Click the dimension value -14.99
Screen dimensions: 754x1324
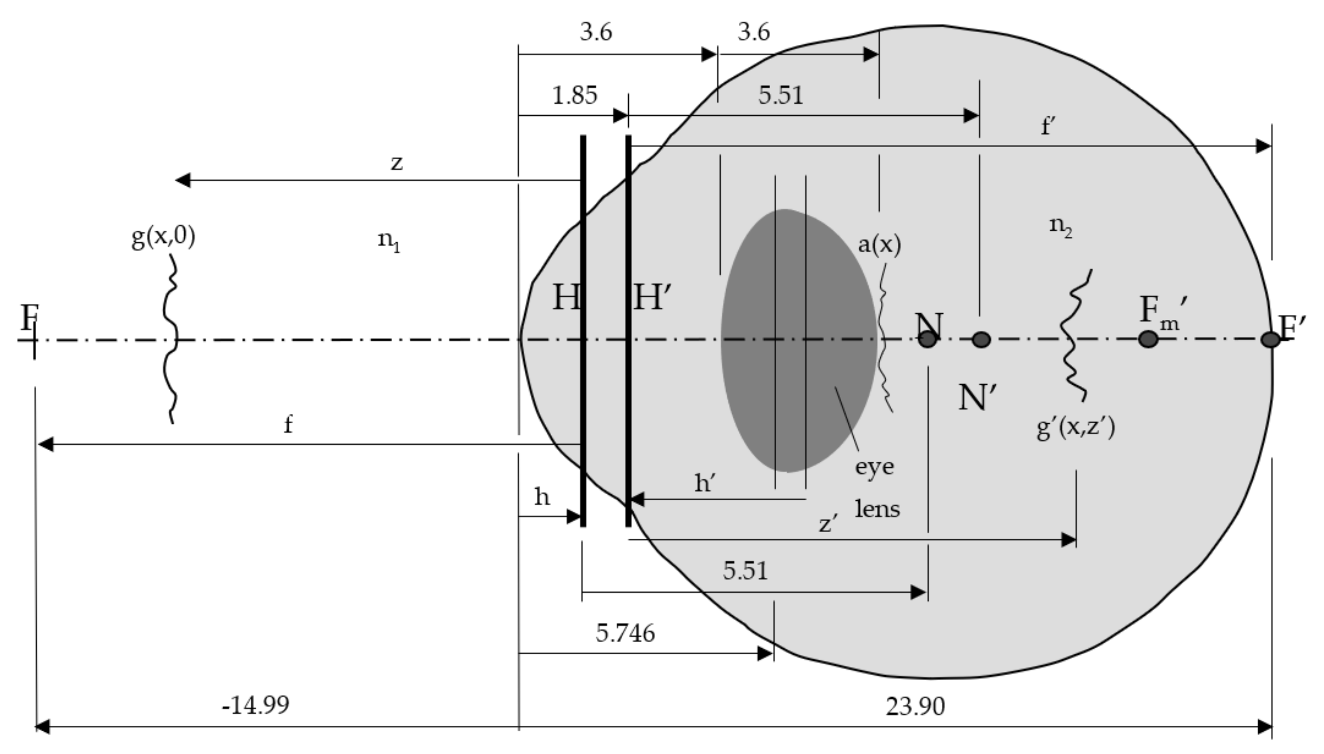coord(256,705)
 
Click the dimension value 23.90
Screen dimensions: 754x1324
coord(915,706)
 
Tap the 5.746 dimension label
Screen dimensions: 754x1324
coord(625,633)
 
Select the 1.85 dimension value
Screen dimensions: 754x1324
coord(575,95)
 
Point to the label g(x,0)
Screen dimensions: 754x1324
coord(163,237)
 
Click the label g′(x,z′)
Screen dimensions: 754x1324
coord(1075,428)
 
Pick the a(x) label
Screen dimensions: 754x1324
coord(879,244)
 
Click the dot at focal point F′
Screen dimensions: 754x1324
coord(1270,340)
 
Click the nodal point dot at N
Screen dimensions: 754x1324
coord(927,340)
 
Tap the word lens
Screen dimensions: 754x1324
coord(877,509)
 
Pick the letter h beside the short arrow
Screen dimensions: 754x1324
coord(542,498)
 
